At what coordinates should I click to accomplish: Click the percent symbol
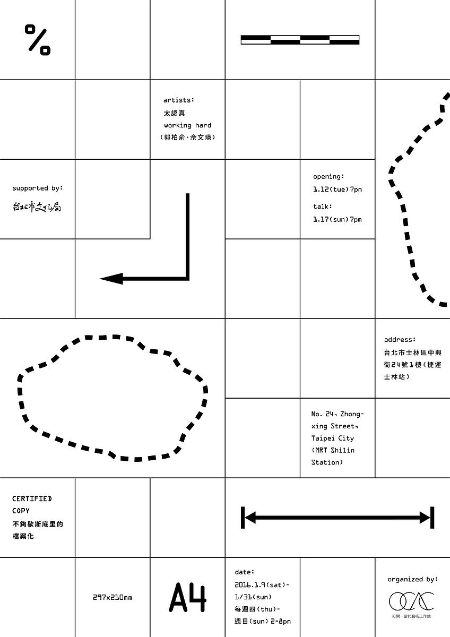(x=38, y=39)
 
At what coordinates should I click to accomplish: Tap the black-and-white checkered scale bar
(x=300, y=40)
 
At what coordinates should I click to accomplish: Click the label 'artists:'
(x=178, y=100)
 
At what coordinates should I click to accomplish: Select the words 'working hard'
(x=188, y=125)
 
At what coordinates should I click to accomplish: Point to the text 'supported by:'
(x=38, y=188)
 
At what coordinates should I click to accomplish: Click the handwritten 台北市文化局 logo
(x=37, y=206)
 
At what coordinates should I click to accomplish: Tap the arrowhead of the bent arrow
(x=111, y=279)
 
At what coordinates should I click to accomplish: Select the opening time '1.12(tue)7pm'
(x=337, y=190)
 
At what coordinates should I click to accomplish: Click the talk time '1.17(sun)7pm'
(x=337, y=220)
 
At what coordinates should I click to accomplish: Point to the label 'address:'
(x=400, y=340)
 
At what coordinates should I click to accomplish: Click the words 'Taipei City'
(x=333, y=438)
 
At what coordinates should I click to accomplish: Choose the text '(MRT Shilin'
(x=333, y=451)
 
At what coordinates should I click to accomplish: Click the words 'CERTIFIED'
(x=32, y=499)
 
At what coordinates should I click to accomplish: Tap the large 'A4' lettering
(x=188, y=597)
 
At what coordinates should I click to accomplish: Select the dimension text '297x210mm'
(x=112, y=598)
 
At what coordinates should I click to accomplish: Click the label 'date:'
(x=245, y=572)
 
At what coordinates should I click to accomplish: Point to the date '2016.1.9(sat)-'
(x=262, y=585)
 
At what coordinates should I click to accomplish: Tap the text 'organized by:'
(x=413, y=579)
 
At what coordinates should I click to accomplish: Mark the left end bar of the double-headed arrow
(x=243, y=518)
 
